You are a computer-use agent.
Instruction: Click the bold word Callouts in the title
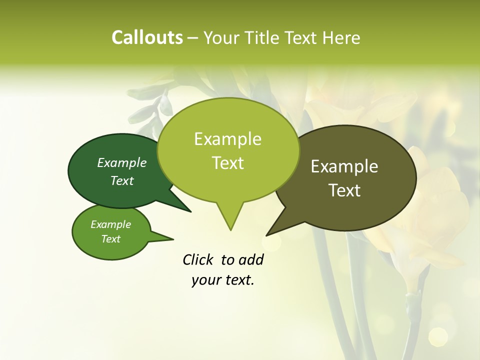147,37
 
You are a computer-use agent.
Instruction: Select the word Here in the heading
341,37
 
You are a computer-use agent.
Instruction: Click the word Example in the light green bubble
227,139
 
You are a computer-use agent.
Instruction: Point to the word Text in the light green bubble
227,163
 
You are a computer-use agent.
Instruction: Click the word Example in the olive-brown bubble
344,166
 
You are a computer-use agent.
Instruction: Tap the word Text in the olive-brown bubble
344,190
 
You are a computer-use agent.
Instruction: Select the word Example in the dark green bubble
122,162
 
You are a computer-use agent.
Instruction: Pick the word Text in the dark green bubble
122,180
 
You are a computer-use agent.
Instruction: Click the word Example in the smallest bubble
110,224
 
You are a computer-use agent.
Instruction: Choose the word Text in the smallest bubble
110,239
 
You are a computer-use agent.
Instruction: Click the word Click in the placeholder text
198,259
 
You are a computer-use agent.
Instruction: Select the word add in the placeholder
251,259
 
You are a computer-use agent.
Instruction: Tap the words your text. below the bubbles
223,280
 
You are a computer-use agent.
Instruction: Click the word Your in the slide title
220,37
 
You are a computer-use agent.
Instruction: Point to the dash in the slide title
193,38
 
